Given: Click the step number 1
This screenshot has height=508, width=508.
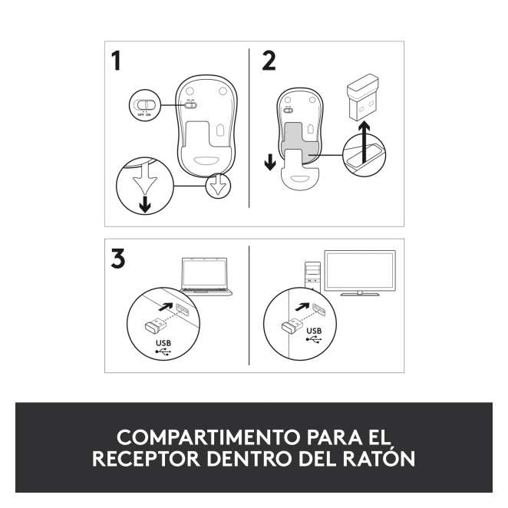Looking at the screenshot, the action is (116, 61).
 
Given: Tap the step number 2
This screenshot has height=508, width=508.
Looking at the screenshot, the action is (269, 61).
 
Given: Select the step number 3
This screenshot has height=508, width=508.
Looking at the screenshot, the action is (117, 258).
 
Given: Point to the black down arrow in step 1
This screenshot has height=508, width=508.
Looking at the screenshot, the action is (145, 204).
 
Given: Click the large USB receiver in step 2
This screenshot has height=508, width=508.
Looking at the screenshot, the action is (363, 97).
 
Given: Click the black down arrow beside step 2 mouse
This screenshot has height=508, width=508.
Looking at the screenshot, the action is (270, 162).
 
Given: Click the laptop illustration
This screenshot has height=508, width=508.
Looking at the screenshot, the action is (206, 276).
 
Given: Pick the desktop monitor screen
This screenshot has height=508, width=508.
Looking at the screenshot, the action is (360, 272).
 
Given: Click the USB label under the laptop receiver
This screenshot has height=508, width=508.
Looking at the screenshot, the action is (163, 343).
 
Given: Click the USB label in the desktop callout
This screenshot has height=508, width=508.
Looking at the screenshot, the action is (314, 331).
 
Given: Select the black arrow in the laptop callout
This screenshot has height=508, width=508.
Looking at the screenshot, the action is (167, 306).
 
